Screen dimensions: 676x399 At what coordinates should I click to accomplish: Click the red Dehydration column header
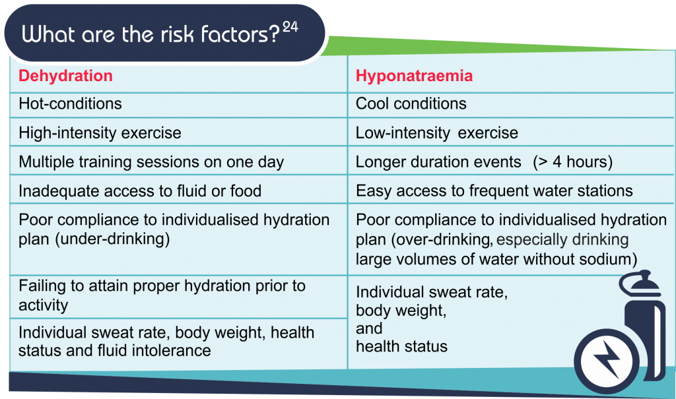[x=65, y=76]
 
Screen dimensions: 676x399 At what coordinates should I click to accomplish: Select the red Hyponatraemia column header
[x=415, y=76]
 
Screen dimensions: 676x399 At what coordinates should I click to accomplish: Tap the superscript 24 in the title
[x=290, y=27]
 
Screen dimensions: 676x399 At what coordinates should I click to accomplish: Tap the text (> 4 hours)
[x=572, y=162]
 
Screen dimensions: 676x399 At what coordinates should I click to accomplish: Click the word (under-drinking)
[x=112, y=239]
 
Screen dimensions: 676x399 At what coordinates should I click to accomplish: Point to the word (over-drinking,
[x=442, y=239]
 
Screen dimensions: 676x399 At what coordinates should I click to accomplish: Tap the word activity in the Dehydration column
[x=44, y=305]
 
